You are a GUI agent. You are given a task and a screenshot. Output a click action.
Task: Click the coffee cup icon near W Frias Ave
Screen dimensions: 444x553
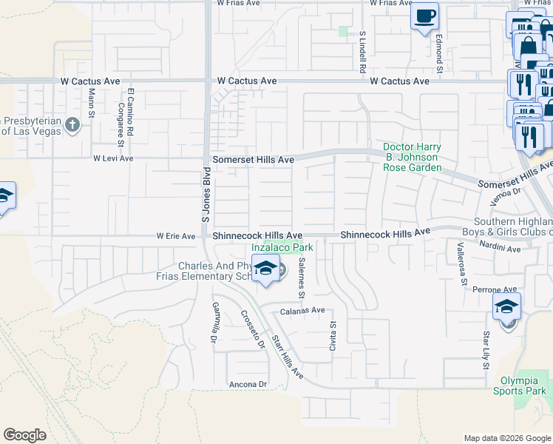coord(424,16)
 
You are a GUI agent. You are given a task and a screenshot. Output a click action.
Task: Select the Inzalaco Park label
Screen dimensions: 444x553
coord(282,248)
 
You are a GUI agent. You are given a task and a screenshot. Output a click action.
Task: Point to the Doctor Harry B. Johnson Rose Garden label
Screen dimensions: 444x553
coord(410,157)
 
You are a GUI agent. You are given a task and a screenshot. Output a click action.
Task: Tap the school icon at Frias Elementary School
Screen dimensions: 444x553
coord(265,268)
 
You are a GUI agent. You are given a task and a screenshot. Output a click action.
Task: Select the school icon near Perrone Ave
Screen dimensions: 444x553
coord(506,306)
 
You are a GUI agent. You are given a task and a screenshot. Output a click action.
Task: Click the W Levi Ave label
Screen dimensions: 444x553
coord(113,158)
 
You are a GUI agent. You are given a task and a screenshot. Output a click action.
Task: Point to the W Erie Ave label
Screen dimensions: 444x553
coord(176,237)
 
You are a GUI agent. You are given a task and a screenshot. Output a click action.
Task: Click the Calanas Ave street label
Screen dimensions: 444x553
coord(302,311)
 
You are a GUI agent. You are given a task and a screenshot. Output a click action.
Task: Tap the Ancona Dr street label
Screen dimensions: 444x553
coord(247,384)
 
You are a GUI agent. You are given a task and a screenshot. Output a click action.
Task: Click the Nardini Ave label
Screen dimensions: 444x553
coord(501,249)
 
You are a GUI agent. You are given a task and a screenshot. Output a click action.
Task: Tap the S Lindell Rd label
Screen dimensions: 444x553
coord(363,51)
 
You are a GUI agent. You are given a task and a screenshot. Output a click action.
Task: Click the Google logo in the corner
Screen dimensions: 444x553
coord(24,435)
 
